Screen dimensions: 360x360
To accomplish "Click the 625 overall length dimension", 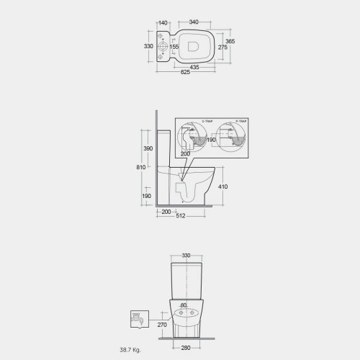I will [x=185, y=73].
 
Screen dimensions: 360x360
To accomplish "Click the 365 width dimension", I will [x=230, y=42].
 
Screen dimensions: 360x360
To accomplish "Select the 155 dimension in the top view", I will [x=174, y=47].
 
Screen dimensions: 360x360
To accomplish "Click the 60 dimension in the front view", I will [x=184, y=305].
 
